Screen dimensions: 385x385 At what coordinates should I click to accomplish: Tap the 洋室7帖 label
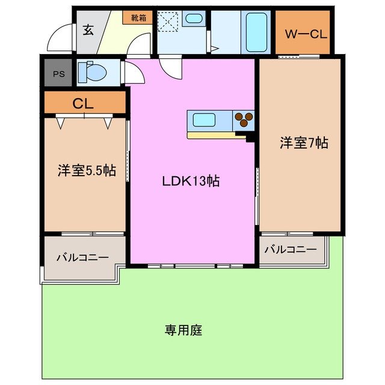tap(303, 143)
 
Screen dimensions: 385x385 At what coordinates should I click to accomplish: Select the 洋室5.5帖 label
tap(86, 170)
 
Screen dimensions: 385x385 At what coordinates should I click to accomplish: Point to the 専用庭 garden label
tap(183, 330)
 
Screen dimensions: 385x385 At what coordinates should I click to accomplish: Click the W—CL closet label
tap(306, 34)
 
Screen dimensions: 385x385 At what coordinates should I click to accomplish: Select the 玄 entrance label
tap(88, 30)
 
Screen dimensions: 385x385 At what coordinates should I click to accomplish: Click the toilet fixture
tap(94, 73)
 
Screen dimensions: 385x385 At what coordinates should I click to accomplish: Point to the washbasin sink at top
tap(194, 19)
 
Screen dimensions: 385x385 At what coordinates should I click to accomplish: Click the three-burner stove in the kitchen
tap(244, 119)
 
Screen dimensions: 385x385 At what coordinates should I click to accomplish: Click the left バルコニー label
tap(82, 257)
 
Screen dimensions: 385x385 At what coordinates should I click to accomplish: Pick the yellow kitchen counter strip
tap(217, 135)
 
